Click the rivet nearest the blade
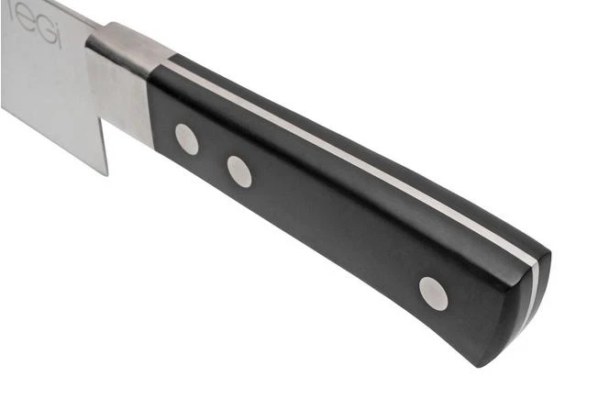coord(187,138)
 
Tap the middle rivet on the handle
coord(239,171)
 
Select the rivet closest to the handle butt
coord(433,293)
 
